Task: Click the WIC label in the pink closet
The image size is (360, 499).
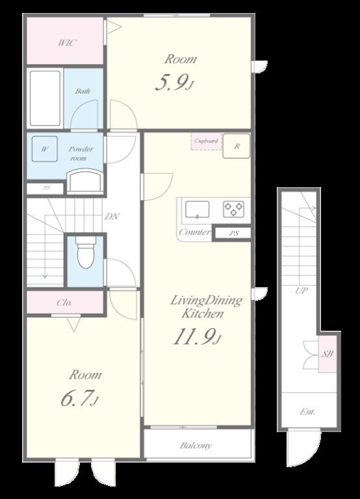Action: pos(67,43)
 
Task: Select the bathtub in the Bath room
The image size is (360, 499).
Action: pos(45,98)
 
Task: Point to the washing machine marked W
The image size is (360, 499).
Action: pos(45,149)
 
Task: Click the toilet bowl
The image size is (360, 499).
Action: pos(86,252)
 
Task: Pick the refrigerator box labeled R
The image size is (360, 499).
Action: pos(237,146)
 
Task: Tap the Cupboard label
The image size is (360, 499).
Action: pos(206,140)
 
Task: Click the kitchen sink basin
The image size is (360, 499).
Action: pos(198,209)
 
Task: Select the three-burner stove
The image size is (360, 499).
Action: pos(234,209)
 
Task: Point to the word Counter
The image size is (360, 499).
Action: pos(195,232)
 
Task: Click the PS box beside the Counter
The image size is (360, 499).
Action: pos(233,233)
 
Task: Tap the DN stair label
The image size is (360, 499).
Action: pos(112,217)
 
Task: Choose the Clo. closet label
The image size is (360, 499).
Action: pos(64,303)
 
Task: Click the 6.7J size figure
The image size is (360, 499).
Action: pos(79,398)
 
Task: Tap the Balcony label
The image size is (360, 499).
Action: pos(196,446)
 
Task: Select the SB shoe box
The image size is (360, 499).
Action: pos(328,353)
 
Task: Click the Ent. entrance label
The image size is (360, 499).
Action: pos(307,412)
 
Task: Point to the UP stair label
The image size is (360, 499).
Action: pos(301,290)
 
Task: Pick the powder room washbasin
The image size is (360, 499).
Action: pos(85,181)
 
